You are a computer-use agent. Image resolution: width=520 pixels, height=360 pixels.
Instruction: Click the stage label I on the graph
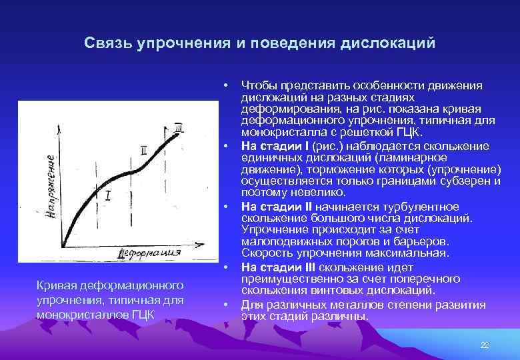(107, 195)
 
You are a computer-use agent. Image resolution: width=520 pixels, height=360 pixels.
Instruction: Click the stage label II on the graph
(145, 151)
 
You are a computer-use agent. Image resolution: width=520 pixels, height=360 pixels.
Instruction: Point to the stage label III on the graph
(178, 127)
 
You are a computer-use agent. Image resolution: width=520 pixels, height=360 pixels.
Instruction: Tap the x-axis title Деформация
(150, 253)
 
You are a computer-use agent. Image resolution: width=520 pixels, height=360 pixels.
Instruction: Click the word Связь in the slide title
(108, 43)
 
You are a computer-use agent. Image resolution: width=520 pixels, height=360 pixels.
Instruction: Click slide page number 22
(485, 344)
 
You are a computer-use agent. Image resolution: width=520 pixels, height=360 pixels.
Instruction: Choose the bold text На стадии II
(275, 206)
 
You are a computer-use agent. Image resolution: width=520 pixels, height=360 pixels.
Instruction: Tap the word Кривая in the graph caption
(57, 285)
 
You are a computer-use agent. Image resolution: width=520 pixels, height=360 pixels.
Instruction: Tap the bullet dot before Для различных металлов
(227, 304)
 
